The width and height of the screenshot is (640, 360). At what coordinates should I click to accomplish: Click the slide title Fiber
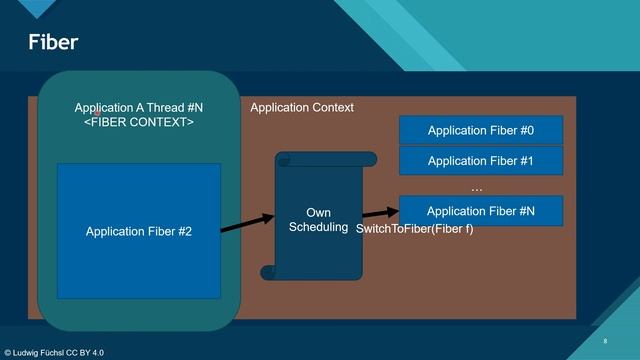(x=52, y=42)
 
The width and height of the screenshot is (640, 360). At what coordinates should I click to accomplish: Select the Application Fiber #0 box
(x=481, y=131)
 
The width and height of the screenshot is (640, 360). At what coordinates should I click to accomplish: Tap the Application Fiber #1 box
(x=481, y=160)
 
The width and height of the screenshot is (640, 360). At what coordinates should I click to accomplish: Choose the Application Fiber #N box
(x=481, y=211)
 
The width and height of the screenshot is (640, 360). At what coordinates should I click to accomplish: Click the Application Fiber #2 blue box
(x=138, y=231)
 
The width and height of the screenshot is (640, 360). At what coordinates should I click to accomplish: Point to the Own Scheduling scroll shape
(x=318, y=220)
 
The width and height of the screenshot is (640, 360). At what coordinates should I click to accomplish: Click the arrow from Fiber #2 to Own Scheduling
(x=246, y=223)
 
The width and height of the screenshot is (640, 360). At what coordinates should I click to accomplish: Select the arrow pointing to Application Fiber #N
(x=378, y=212)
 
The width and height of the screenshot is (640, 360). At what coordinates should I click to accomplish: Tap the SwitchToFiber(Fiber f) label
(x=414, y=229)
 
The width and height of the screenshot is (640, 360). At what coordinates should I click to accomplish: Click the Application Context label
(x=301, y=108)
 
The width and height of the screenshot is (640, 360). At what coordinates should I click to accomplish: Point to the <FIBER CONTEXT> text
(x=138, y=122)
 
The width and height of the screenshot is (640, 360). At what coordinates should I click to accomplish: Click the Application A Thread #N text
(x=138, y=108)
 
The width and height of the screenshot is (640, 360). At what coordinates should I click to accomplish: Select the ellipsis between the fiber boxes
(x=476, y=186)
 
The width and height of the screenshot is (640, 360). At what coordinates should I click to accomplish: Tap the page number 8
(x=605, y=341)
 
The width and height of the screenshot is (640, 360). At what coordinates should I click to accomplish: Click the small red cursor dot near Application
(x=97, y=113)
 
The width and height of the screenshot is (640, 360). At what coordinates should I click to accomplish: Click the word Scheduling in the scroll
(x=318, y=227)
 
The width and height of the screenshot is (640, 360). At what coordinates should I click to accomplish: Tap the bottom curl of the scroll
(x=268, y=272)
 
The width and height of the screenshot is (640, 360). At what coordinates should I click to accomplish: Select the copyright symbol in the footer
(x=8, y=353)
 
